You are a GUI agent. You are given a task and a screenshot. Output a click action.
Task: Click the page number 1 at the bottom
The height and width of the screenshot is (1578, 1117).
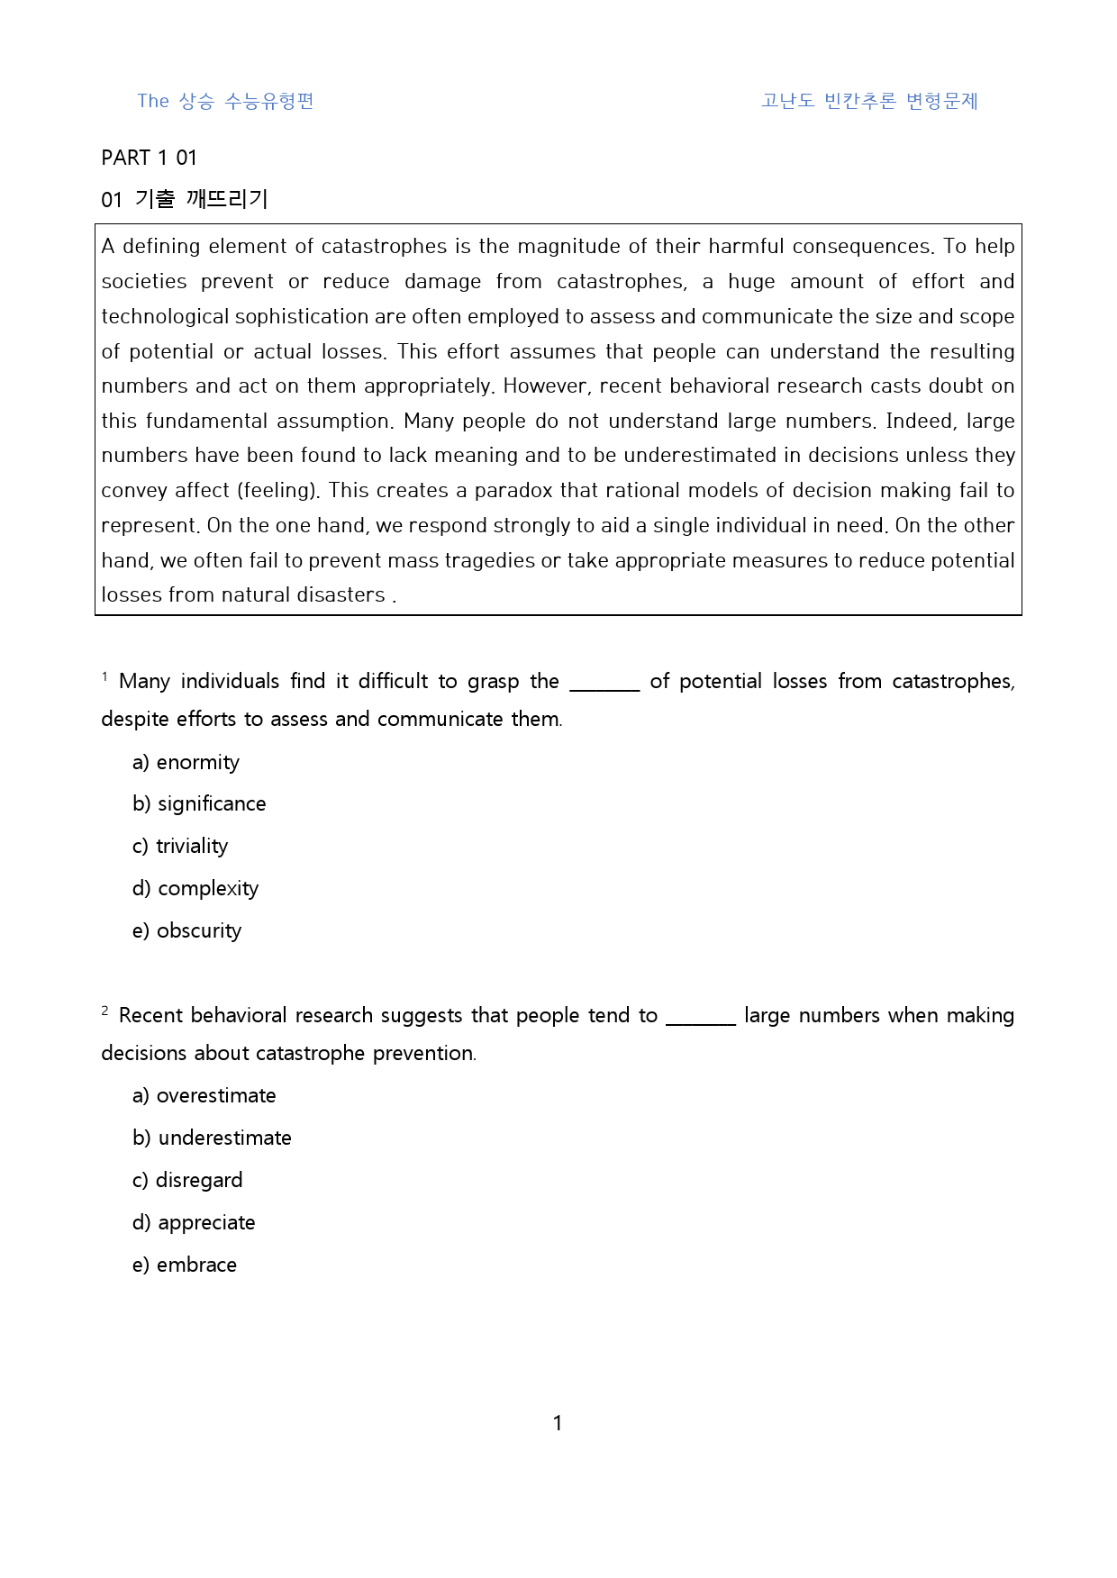coord(558,1423)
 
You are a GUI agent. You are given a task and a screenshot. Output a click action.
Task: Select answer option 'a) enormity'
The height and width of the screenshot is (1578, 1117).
coord(186,763)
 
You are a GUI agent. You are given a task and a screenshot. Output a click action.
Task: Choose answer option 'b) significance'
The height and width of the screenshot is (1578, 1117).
coord(199,804)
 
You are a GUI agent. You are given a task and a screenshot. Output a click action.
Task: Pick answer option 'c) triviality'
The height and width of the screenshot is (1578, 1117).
coord(180,847)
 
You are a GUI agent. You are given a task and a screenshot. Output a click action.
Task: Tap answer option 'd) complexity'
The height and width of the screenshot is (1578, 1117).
coord(195,889)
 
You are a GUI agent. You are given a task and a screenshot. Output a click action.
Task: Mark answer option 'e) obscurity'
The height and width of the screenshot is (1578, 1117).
coord(186,931)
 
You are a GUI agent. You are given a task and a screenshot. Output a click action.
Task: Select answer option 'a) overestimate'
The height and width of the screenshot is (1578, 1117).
coord(204,1096)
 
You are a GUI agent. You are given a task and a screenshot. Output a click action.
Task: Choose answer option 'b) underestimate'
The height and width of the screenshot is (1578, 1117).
coord(212,1138)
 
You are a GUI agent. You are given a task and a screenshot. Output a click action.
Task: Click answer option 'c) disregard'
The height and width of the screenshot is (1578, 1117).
coord(187,1181)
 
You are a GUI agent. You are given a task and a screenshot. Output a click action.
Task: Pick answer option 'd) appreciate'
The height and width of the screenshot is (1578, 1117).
coord(194,1223)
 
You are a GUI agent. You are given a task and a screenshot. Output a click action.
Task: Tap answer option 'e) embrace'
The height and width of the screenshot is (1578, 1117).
coord(184,1265)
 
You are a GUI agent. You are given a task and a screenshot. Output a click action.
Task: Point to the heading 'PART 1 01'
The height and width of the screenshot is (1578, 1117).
coord(149,159)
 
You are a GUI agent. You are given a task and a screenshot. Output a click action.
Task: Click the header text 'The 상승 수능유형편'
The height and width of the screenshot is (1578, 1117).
coord(225,101)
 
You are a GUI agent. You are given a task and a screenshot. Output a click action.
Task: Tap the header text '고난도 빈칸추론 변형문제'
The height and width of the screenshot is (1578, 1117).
coord(869,101)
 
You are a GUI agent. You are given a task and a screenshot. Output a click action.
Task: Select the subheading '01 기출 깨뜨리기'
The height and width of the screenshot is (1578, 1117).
coord(185,199)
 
